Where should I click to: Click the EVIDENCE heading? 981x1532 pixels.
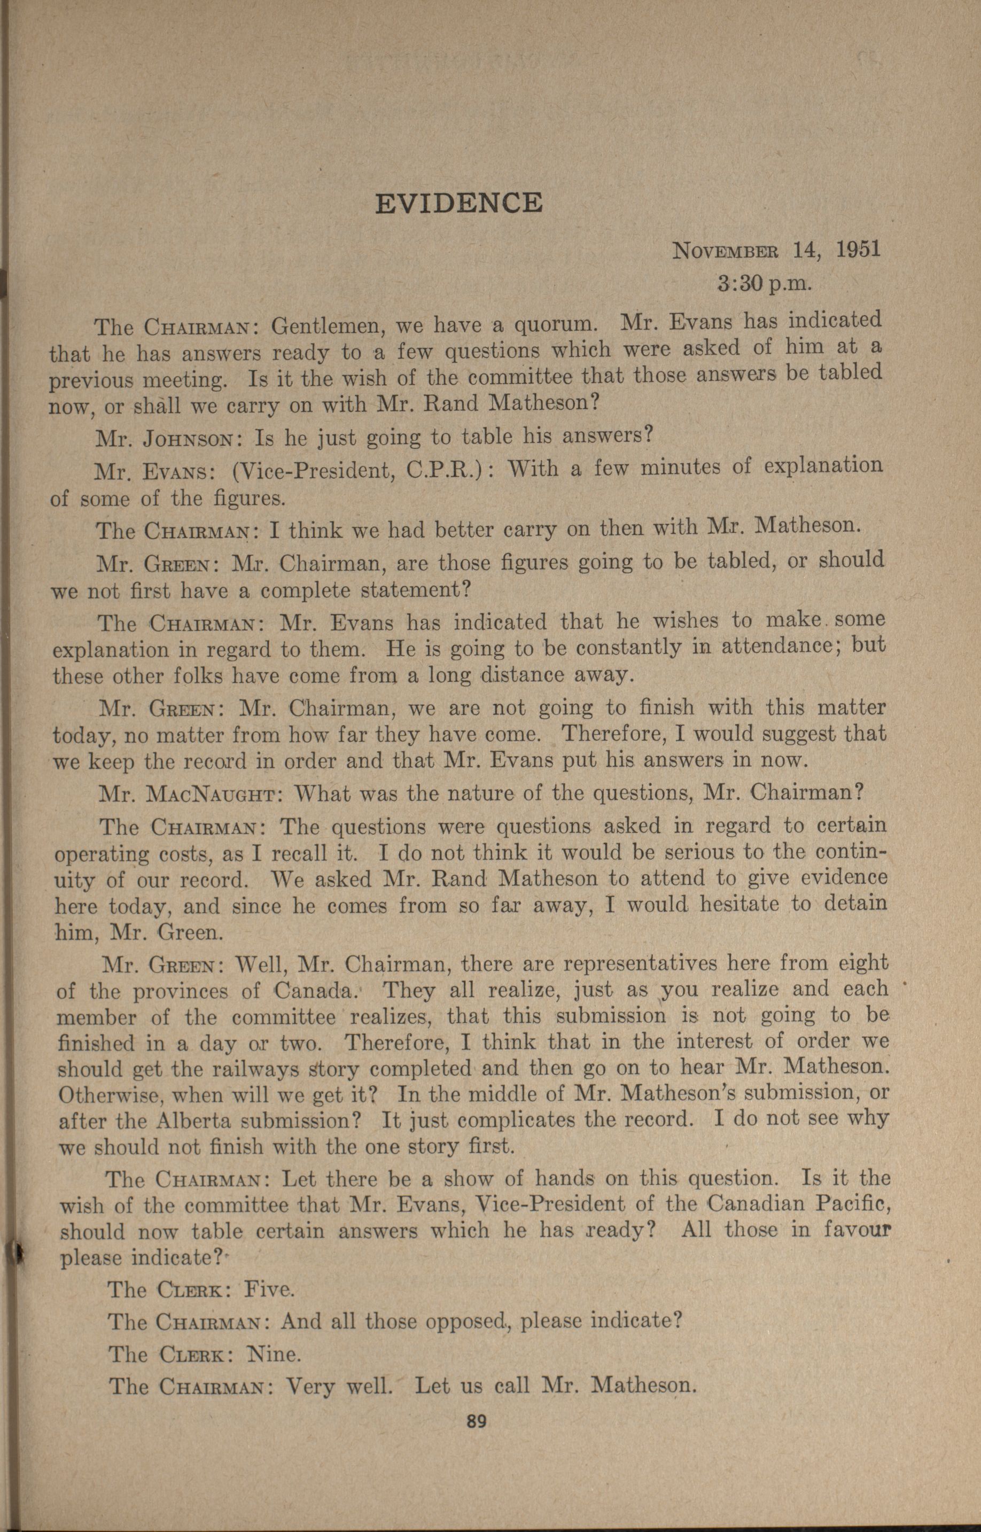point(458,203)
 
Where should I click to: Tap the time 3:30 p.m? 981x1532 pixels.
point(763,283)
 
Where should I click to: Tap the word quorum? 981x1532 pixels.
point(554,325)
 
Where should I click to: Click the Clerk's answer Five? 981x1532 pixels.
point(269,1290)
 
